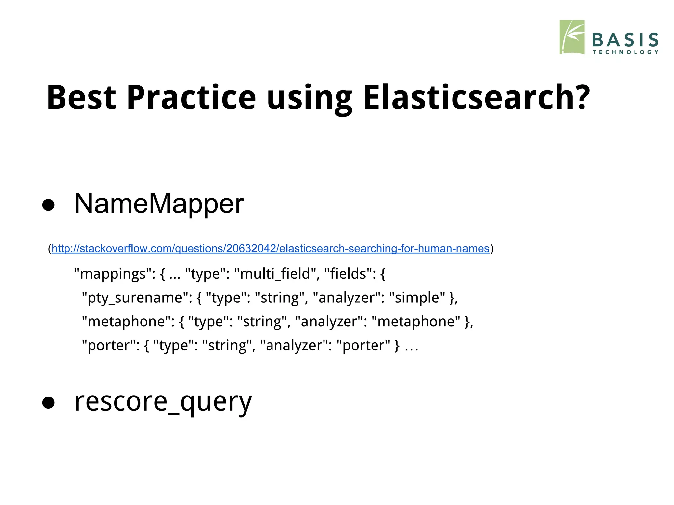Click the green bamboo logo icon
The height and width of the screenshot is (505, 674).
click(572, 37)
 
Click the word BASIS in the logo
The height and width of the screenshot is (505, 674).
click(625, 40)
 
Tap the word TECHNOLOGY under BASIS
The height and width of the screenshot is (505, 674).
click(625, 52)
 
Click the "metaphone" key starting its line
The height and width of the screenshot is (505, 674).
click(128, 322)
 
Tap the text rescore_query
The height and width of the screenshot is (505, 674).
click(163, 402)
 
